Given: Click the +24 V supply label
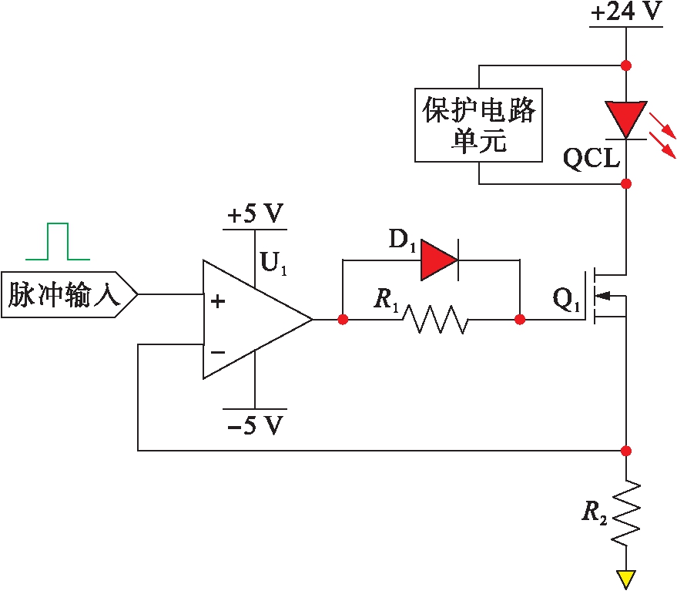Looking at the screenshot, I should coord(626,13).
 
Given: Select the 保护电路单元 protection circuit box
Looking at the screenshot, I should coord(478,125).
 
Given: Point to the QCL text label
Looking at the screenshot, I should coord(592,159).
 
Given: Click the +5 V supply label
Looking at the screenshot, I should coord(254,214).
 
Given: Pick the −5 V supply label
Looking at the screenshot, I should coord(254,425).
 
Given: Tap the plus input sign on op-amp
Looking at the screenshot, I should coord(218,301).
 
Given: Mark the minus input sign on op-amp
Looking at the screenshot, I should coord(218,352).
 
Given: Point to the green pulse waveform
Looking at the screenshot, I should coord(58,242).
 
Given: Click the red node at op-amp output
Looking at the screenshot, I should coord(342,319).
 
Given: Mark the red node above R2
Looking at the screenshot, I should coord(626,450).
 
